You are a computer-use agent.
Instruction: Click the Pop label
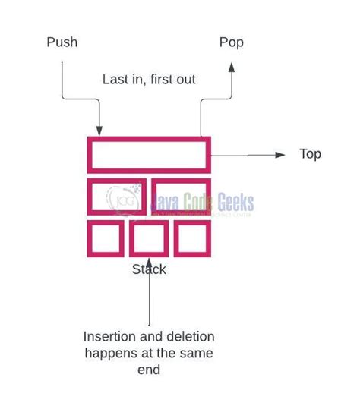(x=231, y=42)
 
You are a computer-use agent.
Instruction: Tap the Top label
(x=310, y=154)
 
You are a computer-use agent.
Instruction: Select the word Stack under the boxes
(x=149, y=269)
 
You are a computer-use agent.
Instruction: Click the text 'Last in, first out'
(x=150, y=79)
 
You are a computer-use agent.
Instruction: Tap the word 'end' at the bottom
(x=149, y=371)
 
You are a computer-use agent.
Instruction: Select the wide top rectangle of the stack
(x=149, y=154)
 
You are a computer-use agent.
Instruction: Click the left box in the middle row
(x=117, y=197)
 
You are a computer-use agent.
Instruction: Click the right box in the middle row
(x=180, y=197)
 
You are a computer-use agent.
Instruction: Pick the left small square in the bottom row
(x=105, y=238)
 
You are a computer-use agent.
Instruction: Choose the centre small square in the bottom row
(x=148, y=238)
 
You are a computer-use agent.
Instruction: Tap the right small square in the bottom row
(x=191, y=238)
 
